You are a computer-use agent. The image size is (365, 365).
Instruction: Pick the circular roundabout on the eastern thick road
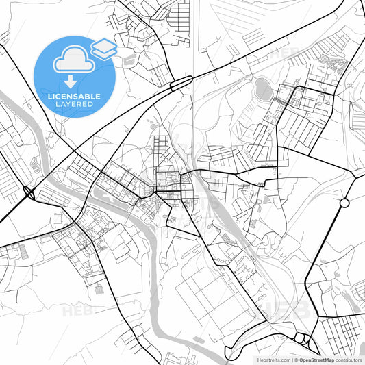click(x=344, y=203)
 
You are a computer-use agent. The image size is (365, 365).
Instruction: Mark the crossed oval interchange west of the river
click(x=29, y=194)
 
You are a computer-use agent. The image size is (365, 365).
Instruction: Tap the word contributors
click(x=349, y=360)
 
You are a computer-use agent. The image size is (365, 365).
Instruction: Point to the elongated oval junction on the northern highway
click(x=181, y=83)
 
